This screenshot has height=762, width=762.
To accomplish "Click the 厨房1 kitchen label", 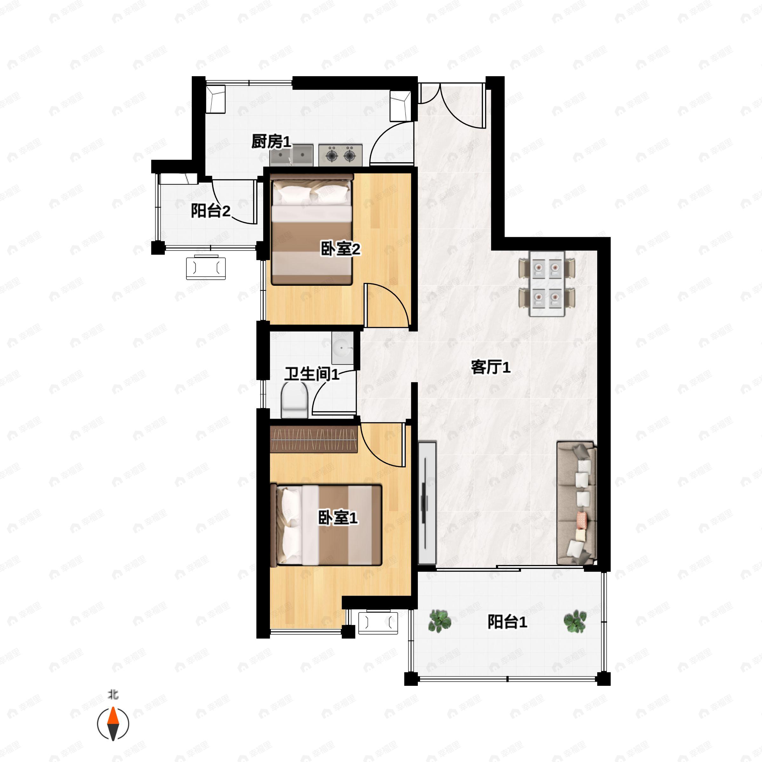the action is point(271,142).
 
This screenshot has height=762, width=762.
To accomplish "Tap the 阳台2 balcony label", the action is point(211,211).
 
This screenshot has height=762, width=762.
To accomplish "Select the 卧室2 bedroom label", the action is point(340,249).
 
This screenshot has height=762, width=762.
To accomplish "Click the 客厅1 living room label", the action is point(491,367).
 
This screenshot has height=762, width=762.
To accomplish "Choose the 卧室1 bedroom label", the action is point(338,518).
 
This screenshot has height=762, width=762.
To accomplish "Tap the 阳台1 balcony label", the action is point(507,622).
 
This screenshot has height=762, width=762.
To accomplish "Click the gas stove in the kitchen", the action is point(340,155).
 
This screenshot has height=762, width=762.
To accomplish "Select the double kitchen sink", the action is point(292,155).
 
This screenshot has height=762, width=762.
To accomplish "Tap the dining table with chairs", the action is point(547,284).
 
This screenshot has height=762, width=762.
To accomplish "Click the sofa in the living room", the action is point(576,503).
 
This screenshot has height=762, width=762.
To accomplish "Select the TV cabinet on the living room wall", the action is point(427,503).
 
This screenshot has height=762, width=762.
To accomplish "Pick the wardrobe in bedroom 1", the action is point(314,439).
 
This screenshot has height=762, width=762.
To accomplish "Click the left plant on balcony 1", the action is point(440,621).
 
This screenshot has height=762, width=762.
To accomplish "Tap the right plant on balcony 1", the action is point(575,621).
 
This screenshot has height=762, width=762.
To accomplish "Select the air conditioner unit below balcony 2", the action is point(206,268).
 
